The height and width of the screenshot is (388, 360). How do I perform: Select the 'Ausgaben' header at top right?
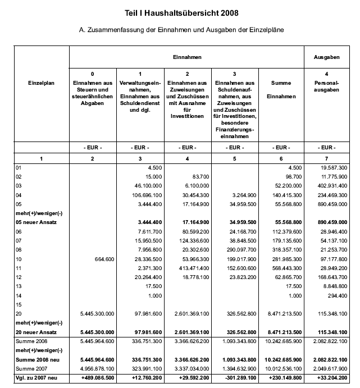328,57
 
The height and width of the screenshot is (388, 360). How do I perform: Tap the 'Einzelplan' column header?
40,83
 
